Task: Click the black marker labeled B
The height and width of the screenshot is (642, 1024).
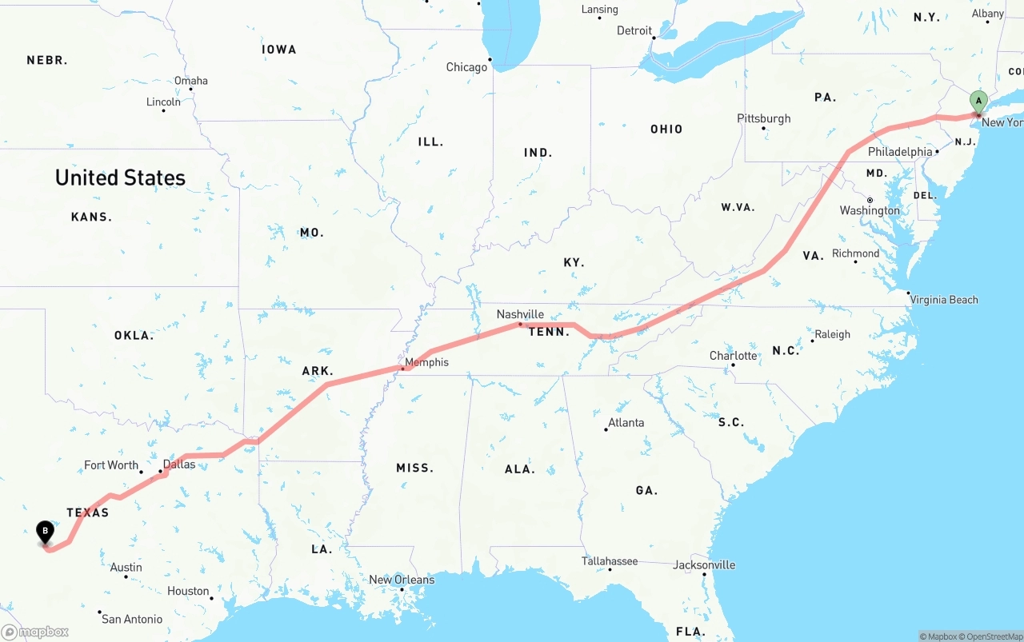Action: coord(46,531)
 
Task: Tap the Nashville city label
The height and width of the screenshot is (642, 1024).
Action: coord(520,314)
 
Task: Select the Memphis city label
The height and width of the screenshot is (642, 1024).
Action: coord(426,362)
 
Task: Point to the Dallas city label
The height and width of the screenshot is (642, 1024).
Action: coord(178,464)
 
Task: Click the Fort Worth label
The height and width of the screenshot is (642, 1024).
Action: coord(111,465)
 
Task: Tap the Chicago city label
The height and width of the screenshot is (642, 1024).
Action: coord(466,67)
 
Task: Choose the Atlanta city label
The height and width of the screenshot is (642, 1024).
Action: coord(626,422)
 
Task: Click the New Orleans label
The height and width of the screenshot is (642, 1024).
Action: coord(402,580)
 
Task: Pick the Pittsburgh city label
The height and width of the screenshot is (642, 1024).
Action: coord(763,118)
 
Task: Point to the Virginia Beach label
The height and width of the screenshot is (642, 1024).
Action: coord(944,300)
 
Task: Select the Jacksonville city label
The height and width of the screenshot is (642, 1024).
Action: coord(704,564)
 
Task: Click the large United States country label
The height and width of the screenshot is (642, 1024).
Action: coord(120,177)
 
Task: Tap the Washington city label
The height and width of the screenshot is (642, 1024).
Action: coord(870,210)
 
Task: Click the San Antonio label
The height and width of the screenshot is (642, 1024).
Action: coord(132,619)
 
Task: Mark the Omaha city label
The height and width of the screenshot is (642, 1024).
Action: coord(191,81)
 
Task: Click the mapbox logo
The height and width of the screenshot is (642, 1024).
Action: coord(35,632)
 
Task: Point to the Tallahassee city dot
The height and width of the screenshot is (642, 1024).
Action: coord(610,569)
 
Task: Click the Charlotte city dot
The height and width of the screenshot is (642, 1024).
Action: coord(733,365)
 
